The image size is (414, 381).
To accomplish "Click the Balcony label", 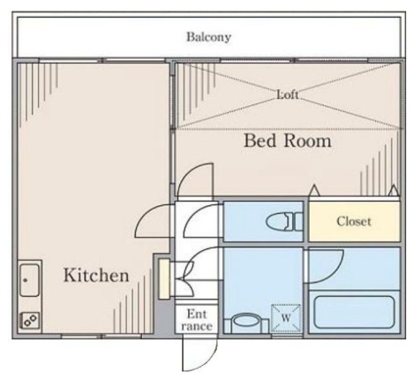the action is click(208, 37).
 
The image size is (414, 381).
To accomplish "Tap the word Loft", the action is click(288, 95).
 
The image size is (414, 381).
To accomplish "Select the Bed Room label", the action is click(288, 141).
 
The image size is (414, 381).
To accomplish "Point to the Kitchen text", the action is click(96, 275).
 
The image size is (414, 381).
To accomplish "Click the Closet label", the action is click(354, 221).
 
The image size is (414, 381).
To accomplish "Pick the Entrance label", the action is click(197, 320).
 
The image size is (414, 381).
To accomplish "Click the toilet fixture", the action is click(285, 222).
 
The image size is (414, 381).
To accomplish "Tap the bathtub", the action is click(354, 312).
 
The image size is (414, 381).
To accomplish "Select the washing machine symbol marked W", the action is click(286, 318).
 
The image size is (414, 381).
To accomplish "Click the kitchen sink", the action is click(29, 280).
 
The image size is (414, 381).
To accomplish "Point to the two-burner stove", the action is click(30, 320).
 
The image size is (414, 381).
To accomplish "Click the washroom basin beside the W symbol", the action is click(246, 324).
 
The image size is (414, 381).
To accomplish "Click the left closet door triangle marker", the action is click(314, 190).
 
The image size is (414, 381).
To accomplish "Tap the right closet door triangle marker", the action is click(394, 190).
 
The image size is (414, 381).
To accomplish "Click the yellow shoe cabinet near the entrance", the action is click(163, 278).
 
